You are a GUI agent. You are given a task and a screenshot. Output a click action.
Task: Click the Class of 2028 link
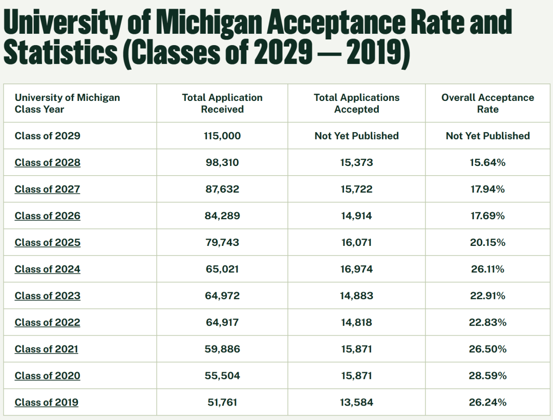(x=47, y=162)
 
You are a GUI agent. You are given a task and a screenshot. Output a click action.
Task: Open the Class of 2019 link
(x=46, y=402)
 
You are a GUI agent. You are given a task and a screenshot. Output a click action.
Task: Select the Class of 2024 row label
(x=47, y=269)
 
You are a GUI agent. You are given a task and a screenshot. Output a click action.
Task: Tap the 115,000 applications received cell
(x=222, y=136)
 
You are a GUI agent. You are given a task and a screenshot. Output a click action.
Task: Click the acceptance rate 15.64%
(x=487, y=162)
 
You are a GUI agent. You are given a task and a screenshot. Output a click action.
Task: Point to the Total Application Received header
(x=222, y=103)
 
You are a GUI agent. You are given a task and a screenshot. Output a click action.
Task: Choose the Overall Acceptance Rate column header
(x=487, y=103)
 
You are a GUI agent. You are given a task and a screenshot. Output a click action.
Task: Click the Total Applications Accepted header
(x=356, y=103)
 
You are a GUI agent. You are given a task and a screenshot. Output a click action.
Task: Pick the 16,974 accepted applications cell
(x=356, y=269)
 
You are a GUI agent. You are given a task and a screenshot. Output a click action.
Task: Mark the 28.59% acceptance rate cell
(x=487, y=375)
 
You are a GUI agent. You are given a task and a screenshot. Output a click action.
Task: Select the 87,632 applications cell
(x=222, y=189)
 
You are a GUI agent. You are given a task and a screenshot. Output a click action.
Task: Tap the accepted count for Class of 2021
(x=356, y=349)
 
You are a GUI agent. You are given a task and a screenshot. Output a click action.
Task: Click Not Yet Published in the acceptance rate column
(x=487, y=136)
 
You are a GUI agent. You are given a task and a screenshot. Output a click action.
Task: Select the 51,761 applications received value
(x=222, y=402)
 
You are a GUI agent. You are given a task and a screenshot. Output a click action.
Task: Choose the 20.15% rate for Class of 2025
(x=487, y=242)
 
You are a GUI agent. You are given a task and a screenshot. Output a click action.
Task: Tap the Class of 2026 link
(x=47, y=216)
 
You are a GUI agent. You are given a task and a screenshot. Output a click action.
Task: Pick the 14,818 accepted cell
(x=356, y=322)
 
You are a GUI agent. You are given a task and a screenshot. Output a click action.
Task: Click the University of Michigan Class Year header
(x=67, y=103)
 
